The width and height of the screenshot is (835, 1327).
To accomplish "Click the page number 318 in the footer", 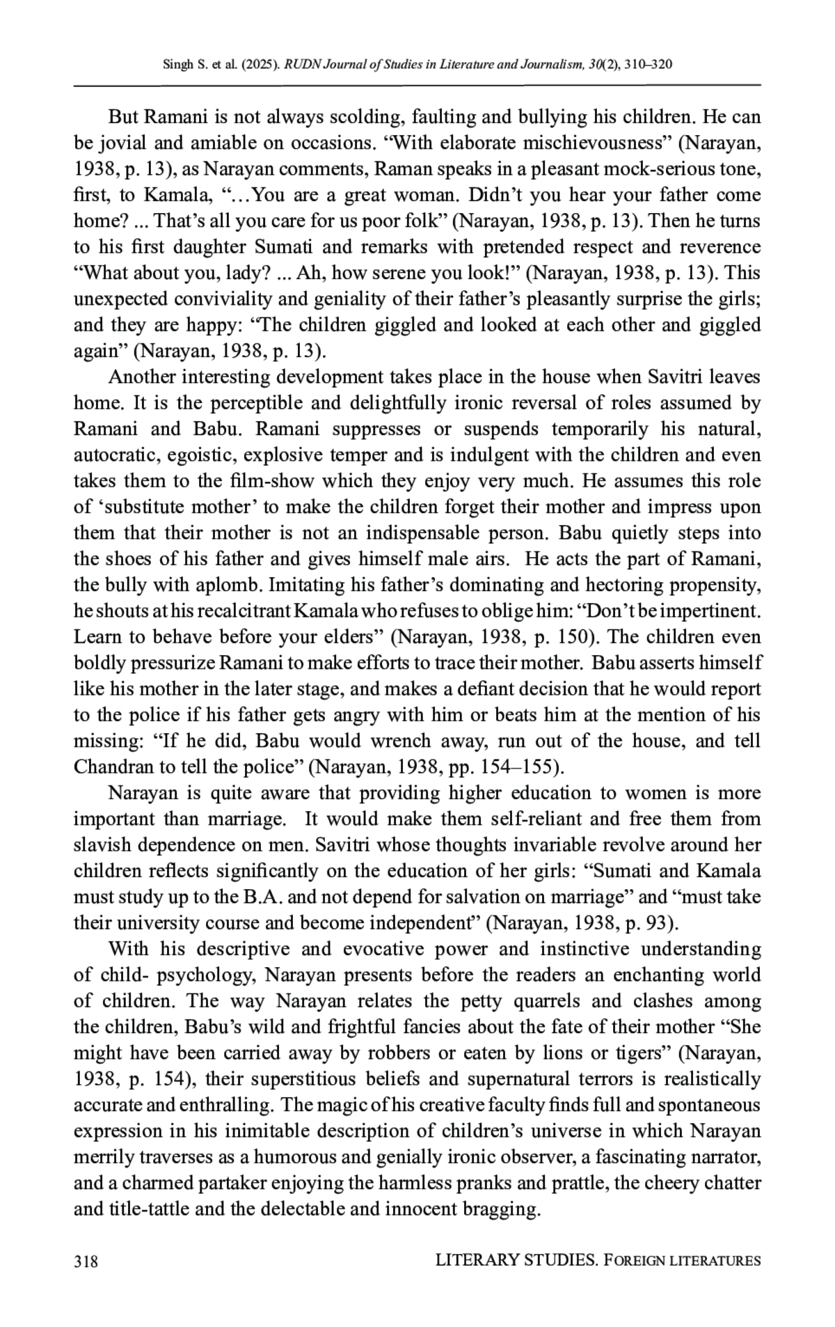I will coord(86,1261).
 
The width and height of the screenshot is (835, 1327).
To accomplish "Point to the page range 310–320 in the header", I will coord(649,65).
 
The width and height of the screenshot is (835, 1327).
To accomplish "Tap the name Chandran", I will coord(113,767).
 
